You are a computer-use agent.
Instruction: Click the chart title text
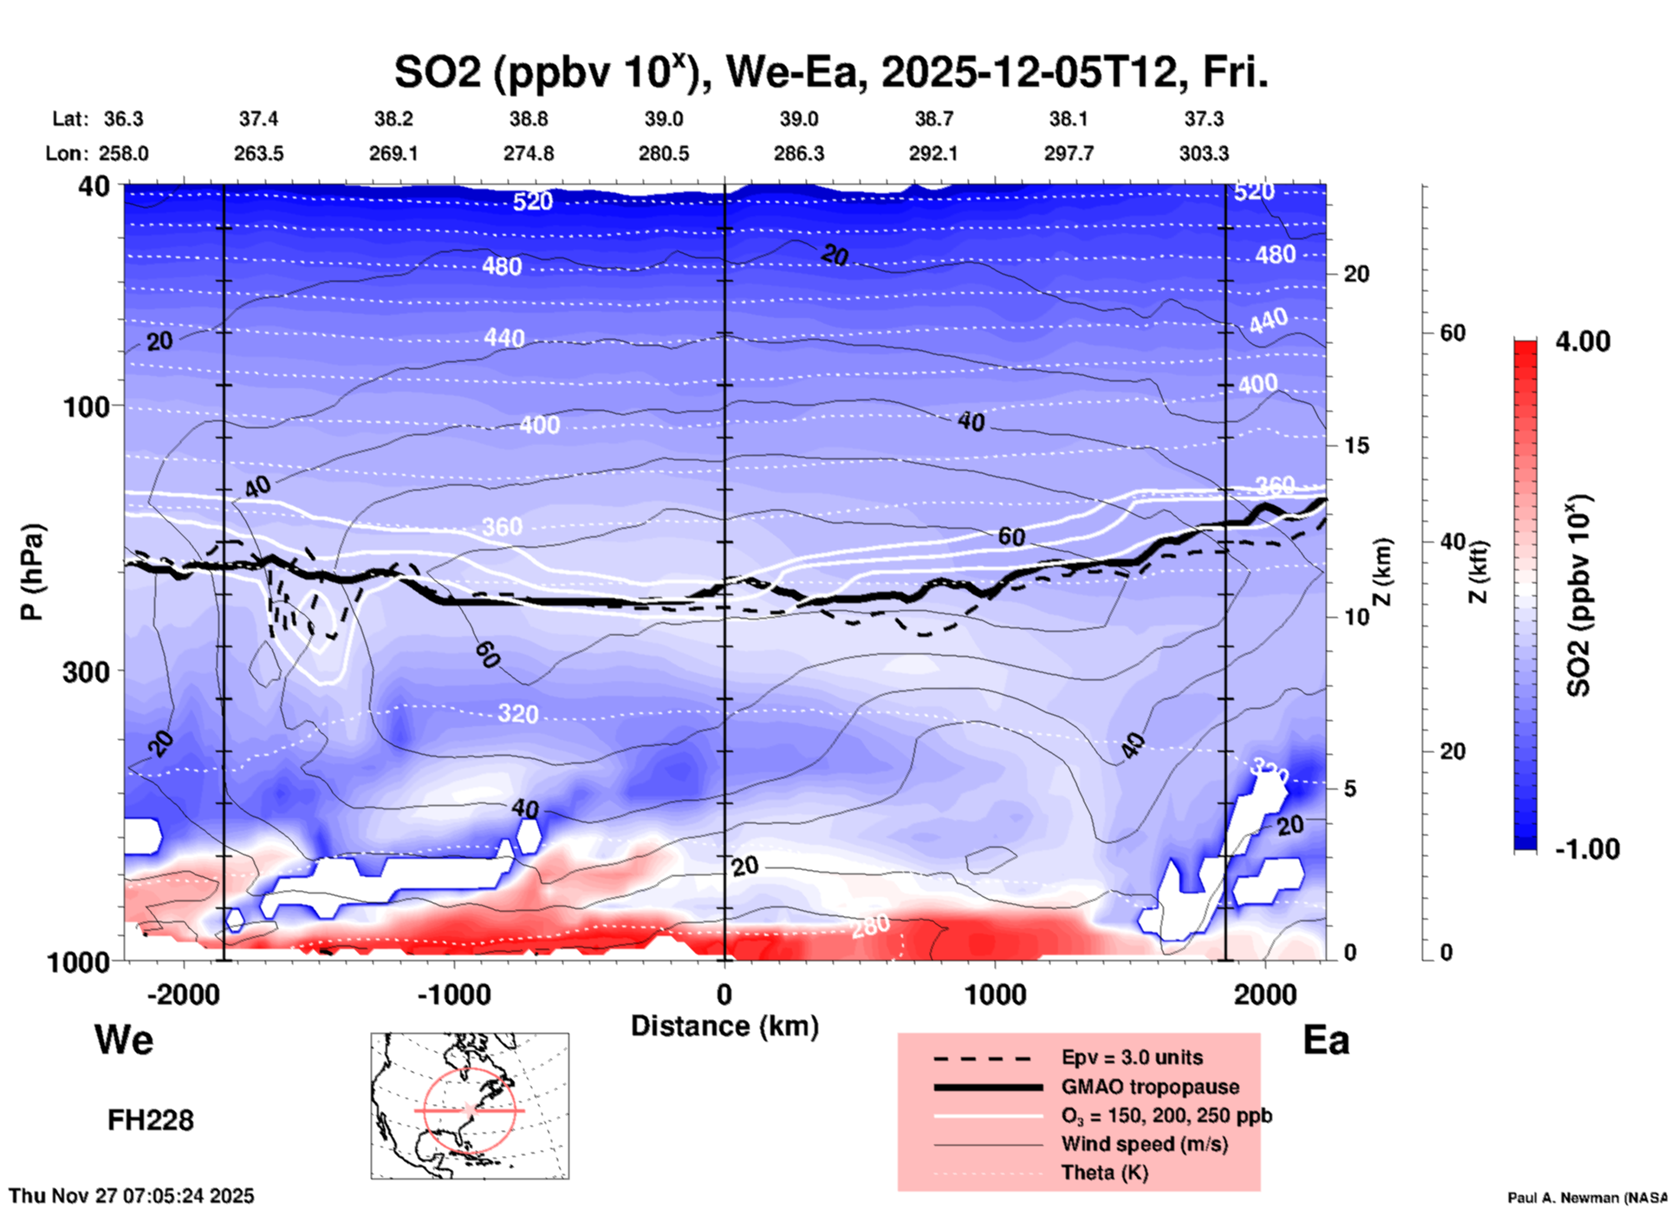click(x=830, y=73)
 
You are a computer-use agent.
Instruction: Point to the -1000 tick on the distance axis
click(x=453, y=994)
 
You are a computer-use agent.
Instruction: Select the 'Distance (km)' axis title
click(x=724, y=1026)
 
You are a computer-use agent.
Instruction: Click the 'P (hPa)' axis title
click(x=32, y=572)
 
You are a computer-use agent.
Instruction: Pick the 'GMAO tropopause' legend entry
click(x=1150, y=1087)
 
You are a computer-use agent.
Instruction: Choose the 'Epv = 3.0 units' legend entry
click(x=1131, y=1057)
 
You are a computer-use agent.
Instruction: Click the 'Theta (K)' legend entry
click(x=1104, y=1172)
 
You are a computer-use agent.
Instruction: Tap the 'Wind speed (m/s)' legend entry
click(x=1144, y=1144)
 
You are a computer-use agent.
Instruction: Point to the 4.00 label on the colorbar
click(x=1582, y=341)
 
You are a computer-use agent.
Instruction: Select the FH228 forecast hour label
click(x=150, y=1120)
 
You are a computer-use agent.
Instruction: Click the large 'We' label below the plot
click(x=124, y=1040)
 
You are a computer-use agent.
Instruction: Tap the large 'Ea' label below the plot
click(x=1326, y=1040)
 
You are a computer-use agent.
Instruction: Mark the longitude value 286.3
click(x=798, y=153)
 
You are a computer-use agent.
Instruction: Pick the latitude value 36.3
click(x=123, y=119)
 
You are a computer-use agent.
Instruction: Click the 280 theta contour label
click(x=869, y=926)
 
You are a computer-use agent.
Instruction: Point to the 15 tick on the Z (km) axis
click(x=1356, y=445)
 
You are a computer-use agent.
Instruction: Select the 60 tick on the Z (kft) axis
click(x=1452, y=333)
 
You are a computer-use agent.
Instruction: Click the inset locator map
click(x=470, y=1106)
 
